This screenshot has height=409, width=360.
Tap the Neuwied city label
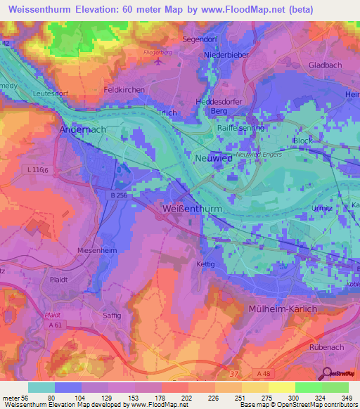pyautogui.click(x=214, y=158)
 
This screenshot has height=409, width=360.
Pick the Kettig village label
pyautogui.click(x=205, y=264)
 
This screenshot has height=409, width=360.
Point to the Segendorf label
pyautogui.click(x=201, y=39)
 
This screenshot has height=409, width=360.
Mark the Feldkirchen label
pyautogui.click(x=124, y=90)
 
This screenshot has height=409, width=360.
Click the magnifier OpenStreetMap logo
pyautogui.click(x=328, y=374)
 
